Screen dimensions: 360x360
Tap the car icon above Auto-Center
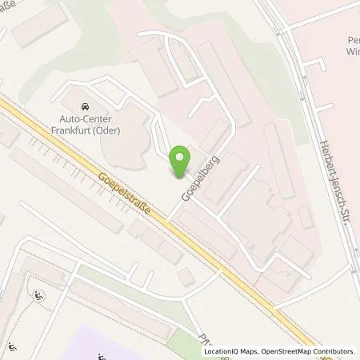tap(85, 106)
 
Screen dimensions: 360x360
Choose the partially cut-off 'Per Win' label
tap(349, 46)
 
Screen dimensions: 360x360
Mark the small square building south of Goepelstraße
tap(186, 277)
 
